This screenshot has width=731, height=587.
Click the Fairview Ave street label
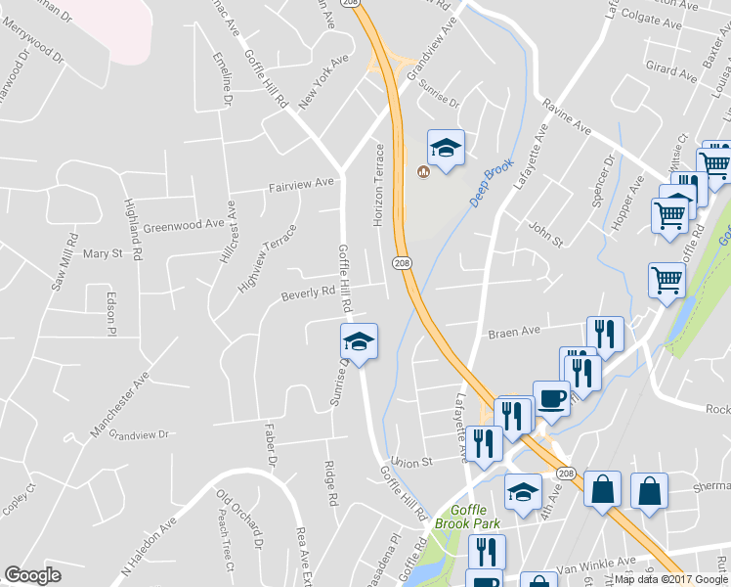[x=302, y=182]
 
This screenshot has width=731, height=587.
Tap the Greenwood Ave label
[x=184, y=226]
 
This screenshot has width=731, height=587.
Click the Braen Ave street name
[x=515, y=333]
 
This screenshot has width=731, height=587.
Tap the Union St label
[x=410, y=461]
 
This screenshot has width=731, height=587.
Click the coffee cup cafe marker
[x=551, y=397]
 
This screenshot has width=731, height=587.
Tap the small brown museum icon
[x=423, y=172]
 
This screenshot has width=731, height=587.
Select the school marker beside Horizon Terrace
[x=447, y=148]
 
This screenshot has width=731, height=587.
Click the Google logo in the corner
[x=32, y=575]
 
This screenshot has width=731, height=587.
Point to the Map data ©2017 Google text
[x=671, y=579]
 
